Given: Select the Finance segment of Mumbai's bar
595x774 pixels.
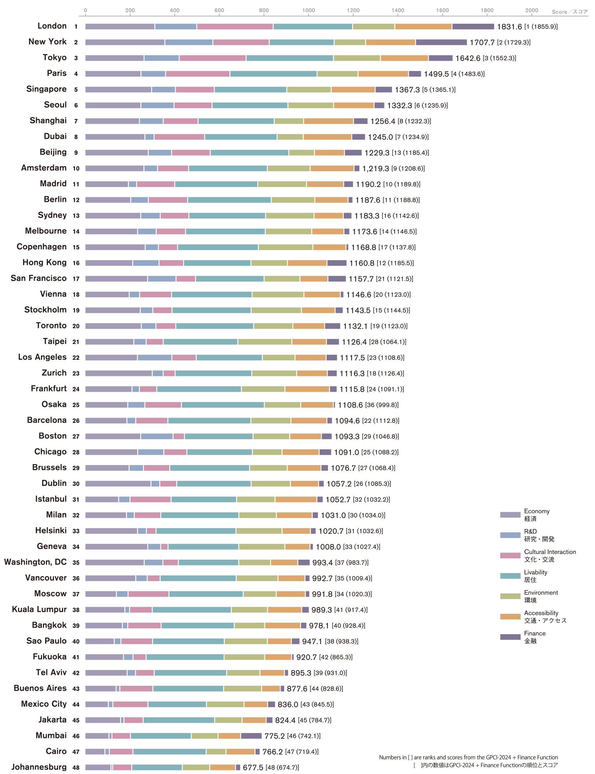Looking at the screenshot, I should (251, 736).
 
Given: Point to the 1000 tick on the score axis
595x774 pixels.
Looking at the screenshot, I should (308, 10).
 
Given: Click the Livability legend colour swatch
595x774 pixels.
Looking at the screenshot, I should (510, 576).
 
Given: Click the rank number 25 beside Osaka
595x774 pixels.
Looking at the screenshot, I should (76, 405).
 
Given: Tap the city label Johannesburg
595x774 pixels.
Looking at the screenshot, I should (39, 767).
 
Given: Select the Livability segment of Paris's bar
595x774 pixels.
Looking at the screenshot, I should (273, 74).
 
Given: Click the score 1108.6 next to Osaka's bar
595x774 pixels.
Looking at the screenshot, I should (350, 405).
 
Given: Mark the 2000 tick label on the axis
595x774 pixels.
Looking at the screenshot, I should (531, 10).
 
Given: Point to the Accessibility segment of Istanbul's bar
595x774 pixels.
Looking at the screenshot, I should (296, 499).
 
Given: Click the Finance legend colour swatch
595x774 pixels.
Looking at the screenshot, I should (510, 637).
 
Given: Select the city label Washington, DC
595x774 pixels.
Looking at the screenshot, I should (35, 562).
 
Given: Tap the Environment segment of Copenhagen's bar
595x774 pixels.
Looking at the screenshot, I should (286, 247).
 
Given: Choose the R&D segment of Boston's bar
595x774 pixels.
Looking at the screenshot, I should (157, 436).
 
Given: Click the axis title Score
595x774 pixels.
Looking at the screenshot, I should (559, 12).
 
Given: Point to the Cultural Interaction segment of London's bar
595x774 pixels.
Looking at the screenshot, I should (235, 26).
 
